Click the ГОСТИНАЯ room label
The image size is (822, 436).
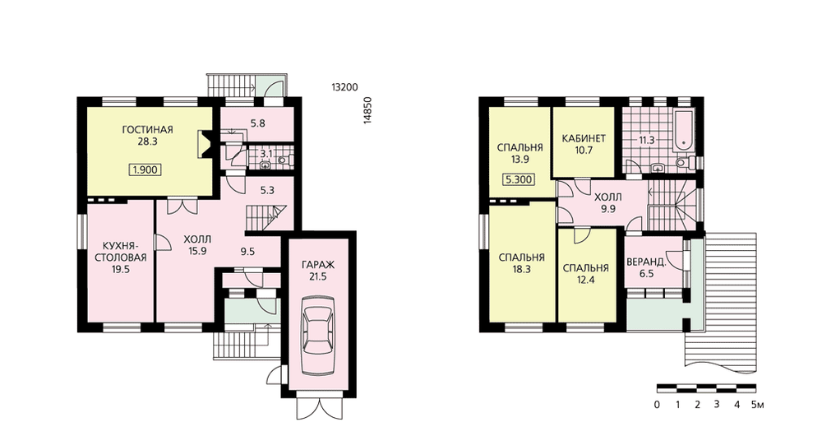pyautogui.click(x=147, y=130)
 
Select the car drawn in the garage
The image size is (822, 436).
pyautogui.click(x=317, y=335)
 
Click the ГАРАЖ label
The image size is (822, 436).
pyautogui.click(x=317, y=264)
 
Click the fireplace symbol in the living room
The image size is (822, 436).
pyautogui.click(x=203, y=144)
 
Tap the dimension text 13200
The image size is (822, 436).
pyautogui.click(x=344, y=87)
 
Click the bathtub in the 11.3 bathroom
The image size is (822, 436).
pyautogui.click(x=683, y=128)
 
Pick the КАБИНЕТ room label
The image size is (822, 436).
pyautogui.click(x=584, y=138)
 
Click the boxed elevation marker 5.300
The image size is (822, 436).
pyautogui.click(x=519, y=180)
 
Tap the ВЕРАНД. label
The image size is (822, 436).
pyautogui.click(x=646, y=262)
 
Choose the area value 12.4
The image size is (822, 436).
pyautogui.click(x=585, y=280)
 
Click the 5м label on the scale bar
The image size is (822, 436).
pyautogui.click(x=757, y=405)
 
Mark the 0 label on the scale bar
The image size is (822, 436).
pyautogui.click(x=657, y=405)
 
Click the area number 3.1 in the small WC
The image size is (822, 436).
pyautogui.click(x=267, y=154)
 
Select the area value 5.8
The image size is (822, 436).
pyautogui.click(x=257, y=124)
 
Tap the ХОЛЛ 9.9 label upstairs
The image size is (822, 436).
pyautogui.click(x=608, y=202)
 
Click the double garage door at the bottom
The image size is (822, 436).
pyautogui.click(x=317, y=407)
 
